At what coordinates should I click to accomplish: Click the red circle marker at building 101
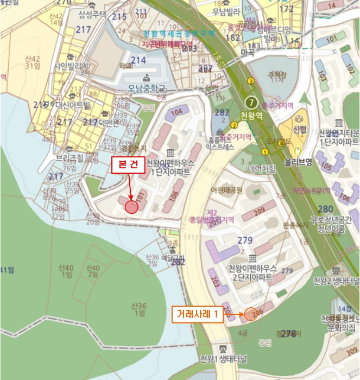pos(132,206)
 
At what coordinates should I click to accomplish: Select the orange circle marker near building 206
pos(250,314)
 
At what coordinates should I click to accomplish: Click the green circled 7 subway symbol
pos(251,102)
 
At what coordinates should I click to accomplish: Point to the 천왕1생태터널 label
pos(223,359)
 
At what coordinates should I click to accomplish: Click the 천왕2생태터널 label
pos(335,281)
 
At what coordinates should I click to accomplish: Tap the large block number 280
pos(326,210)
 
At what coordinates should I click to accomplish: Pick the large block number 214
pos(138,60)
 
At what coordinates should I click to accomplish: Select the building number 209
pos(259,210)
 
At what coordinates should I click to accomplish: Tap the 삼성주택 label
pos(91,14)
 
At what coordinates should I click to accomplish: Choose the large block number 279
pos(245,240)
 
